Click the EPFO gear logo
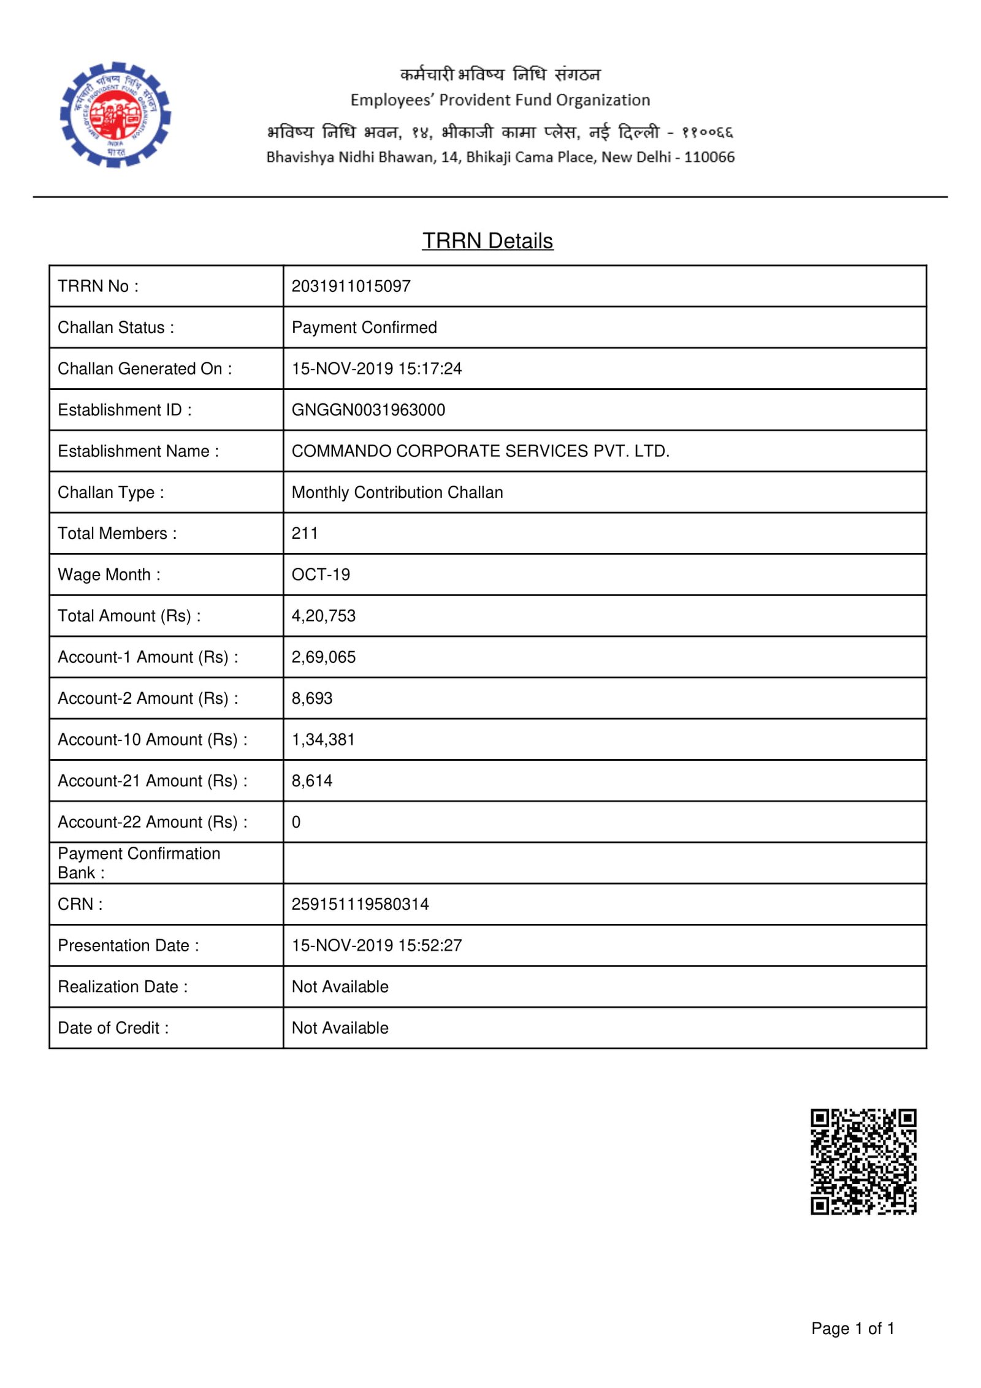pyautogui.click(x=115, y=115)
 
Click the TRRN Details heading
pyautogui.click(x=487, y=241)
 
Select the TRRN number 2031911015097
pyautogui.click(x=351, y=286)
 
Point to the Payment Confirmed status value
pyautogui.click(x=364, y=327)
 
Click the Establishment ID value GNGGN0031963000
pyautogui.click(x=368, y=410)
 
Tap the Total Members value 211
pyautogui.click(x=305, y=533)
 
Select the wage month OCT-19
pyautogui.click(x=321, y=574)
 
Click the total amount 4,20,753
pyautogui.click(x=323, y=616)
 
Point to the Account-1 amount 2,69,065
pyautogui.click(x=323, y=657)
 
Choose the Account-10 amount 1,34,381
pyautogui.click(x=323, y=739)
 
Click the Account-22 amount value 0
pyautogui.click(x=296, y=822)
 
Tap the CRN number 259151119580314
pyautogui.click(x=360, y=904)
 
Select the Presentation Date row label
pyautogui.click(x=128, y=945)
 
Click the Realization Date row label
pyautogui.click(x=123, y=986)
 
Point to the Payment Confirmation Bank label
pyautogui.click(x=139, y=863)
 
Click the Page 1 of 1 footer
pyautogui.click(x=852, y=1328)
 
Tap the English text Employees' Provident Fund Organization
pyautogui.click(x=500, y=100)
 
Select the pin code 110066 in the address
pyautogui.click(x=709, y=158)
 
